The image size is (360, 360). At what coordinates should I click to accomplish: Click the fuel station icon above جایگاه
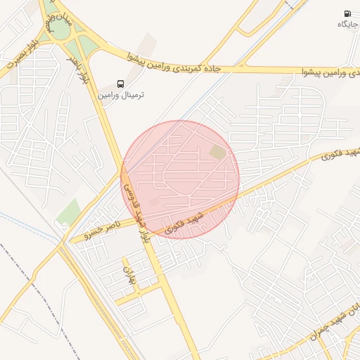347,13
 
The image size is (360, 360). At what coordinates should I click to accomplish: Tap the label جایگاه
347,25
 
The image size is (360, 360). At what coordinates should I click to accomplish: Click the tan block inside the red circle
218,152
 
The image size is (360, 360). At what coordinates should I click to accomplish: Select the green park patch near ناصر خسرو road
68,211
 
